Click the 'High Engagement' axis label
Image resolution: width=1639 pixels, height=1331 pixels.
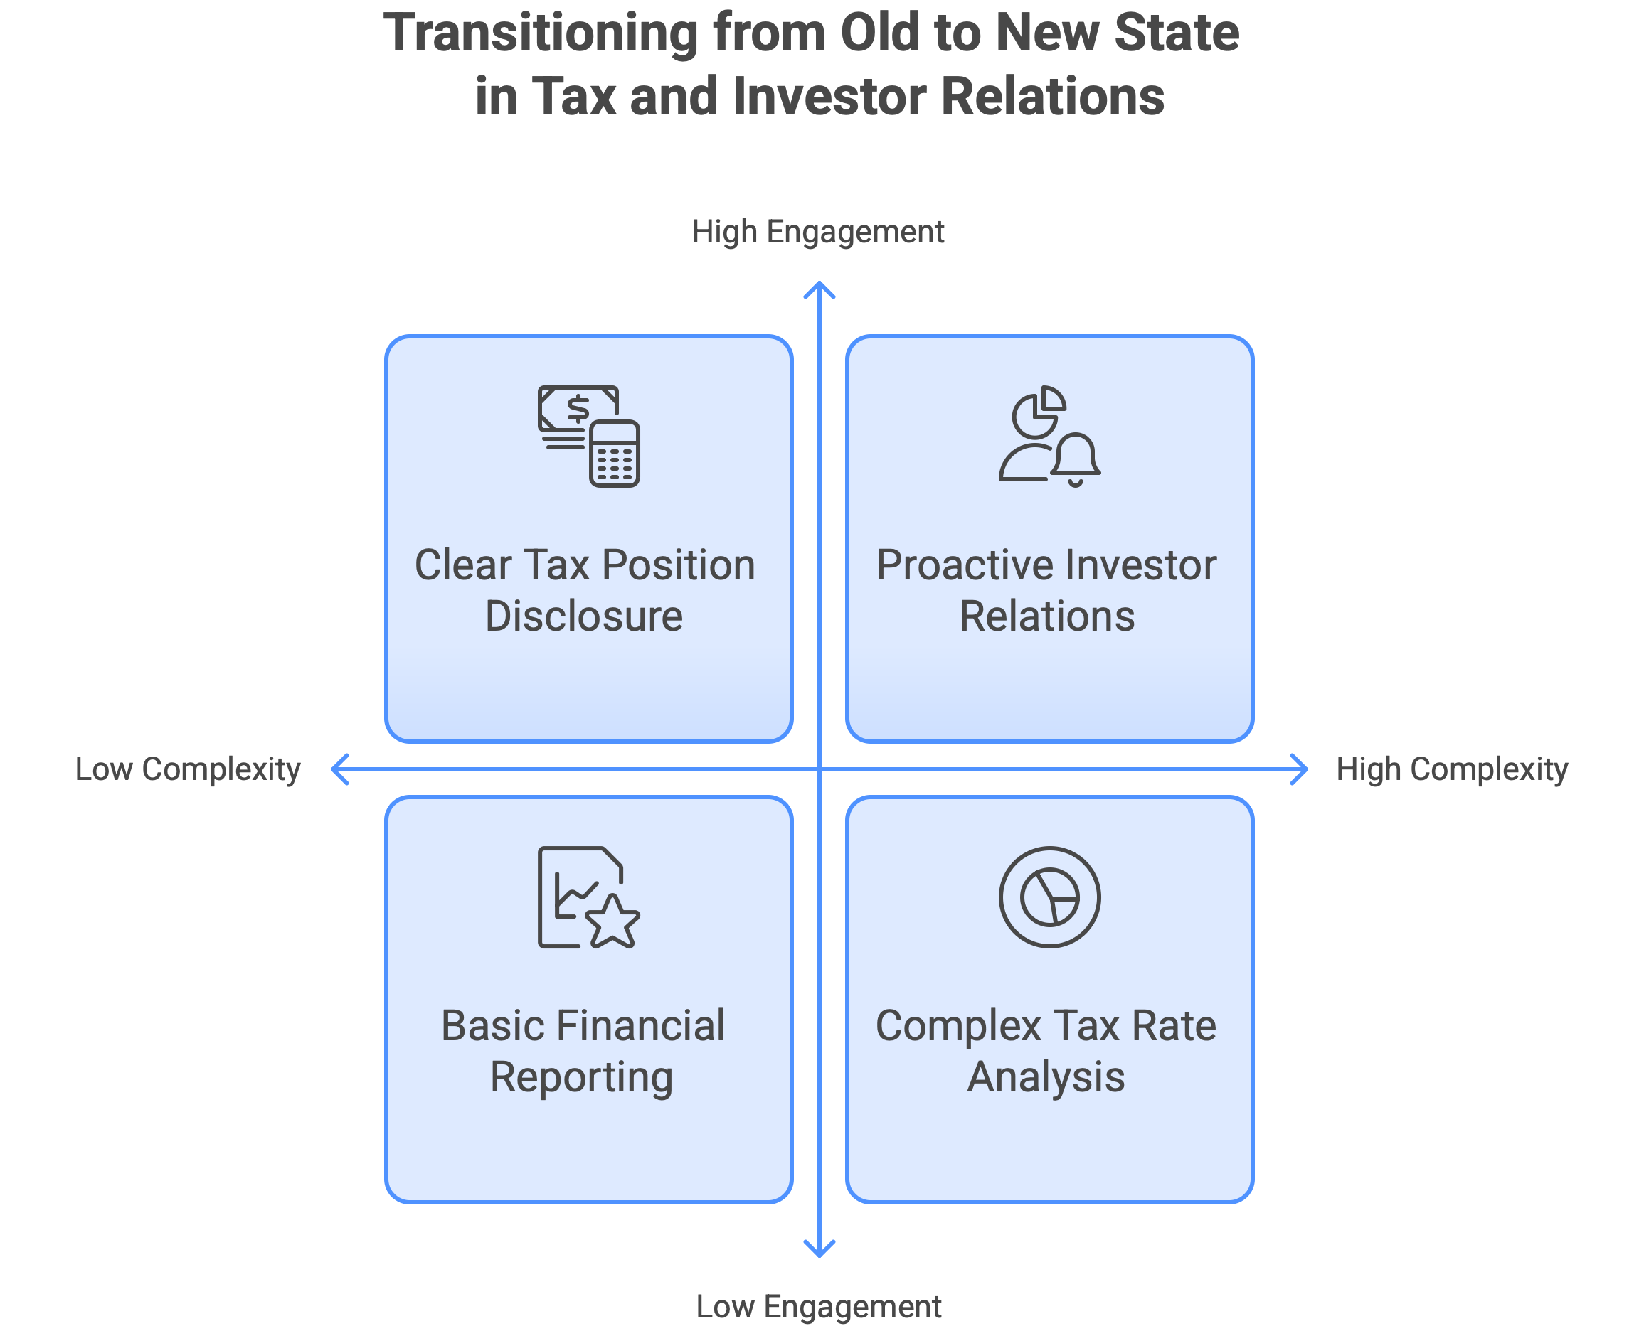(817, 232)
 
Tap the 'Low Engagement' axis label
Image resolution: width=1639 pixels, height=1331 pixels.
(818, 1306)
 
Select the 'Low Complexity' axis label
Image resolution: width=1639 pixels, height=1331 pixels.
(189, 769)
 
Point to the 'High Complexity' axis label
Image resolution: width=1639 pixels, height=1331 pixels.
(1451, 769)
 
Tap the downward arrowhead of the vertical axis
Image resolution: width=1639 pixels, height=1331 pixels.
(819, 1251)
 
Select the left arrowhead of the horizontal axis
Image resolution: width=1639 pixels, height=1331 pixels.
(338, 769)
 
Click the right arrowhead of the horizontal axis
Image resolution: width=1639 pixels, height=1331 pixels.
(1300, 769)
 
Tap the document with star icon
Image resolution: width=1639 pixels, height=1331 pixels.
(589, 897)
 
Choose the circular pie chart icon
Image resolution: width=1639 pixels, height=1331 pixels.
(1049, 897)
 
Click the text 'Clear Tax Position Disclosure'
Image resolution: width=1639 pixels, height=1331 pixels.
(585, 590)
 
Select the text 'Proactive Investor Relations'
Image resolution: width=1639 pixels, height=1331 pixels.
(1047, 590)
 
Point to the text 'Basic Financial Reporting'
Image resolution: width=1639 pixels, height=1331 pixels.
(583, 1051)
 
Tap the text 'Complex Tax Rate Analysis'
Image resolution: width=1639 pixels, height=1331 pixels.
(1046, 1051)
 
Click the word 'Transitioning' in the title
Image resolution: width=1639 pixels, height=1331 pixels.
(540, 33)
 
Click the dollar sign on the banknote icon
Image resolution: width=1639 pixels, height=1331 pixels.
(578, 409)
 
